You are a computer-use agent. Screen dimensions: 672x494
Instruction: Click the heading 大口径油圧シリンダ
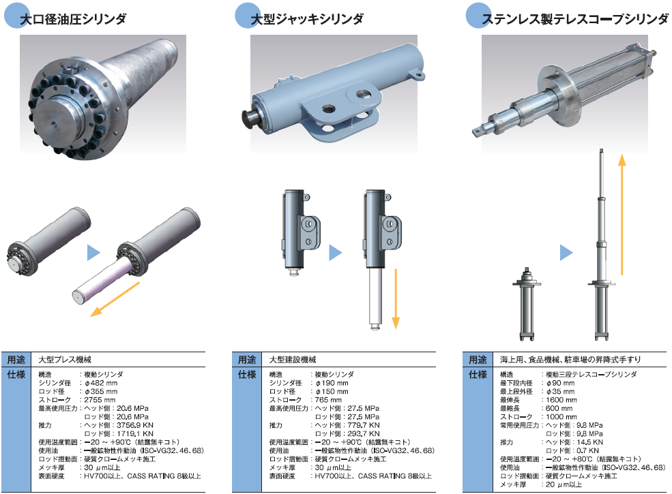click(x=73, y=19)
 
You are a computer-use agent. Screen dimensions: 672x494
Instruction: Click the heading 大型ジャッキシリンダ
click(x=307, y=19)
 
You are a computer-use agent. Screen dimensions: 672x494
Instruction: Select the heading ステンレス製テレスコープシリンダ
click(x=574, y=19)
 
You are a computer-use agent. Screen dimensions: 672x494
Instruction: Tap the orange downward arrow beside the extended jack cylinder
click(x=396, y=299)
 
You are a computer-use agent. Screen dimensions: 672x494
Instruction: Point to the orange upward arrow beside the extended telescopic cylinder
click(x=622, y=215)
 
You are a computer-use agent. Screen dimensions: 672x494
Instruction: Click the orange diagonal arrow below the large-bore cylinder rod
click(x=115, y=300)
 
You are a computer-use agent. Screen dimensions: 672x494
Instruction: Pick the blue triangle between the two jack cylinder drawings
click(x=335, y=253)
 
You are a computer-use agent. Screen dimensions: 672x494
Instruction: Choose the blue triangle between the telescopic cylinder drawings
click(x=566, y=253)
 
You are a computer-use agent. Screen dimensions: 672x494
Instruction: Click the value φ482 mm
click(x=101, y=383)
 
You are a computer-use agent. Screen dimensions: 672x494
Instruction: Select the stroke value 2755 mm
click(x=100, y=400)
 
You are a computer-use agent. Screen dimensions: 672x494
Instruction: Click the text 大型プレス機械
click(x=65, y=360)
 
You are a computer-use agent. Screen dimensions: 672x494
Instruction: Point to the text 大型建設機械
click(x=293, y=360)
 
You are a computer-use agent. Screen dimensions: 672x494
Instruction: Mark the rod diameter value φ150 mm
click(x=332, y=391)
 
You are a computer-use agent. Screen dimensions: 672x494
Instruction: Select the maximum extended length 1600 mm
click(x=561, y=400)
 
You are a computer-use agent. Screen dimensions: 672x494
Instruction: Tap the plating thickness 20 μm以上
click(x=564, y=484)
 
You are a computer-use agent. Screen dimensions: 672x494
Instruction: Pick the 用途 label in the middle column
click(x=247, y=360)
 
